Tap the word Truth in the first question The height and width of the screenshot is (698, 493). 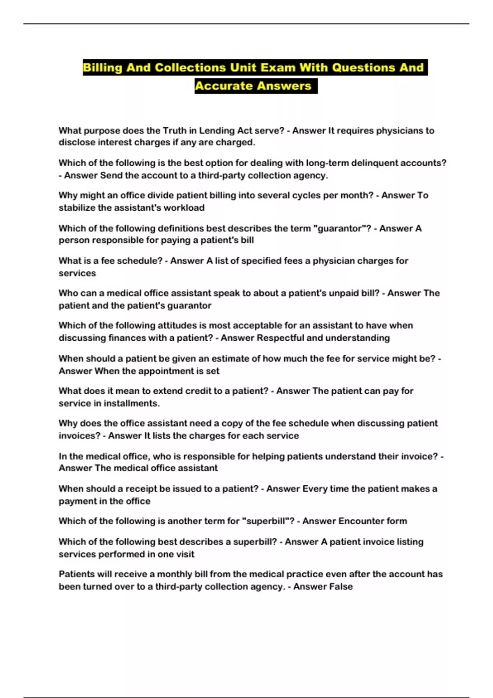click(x=175, y=131)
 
